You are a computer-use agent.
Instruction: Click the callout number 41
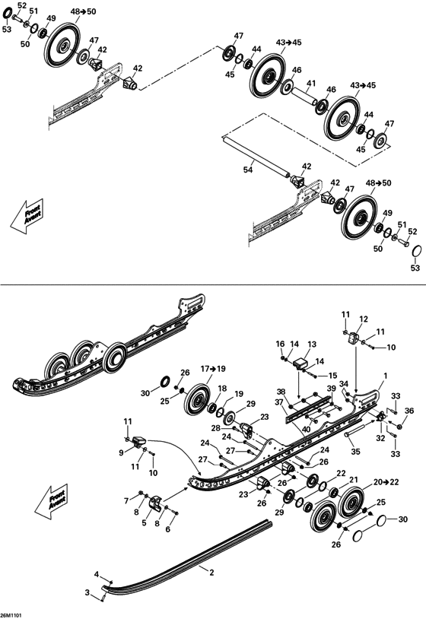point(311,83)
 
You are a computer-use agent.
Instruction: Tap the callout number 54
point(248,170)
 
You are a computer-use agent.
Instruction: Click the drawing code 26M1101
point(11,614)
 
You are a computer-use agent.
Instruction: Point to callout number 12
point(364,319)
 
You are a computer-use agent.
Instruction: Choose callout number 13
point(312,344)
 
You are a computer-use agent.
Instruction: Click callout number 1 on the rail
point(386,376)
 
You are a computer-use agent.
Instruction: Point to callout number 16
point(280,344)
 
